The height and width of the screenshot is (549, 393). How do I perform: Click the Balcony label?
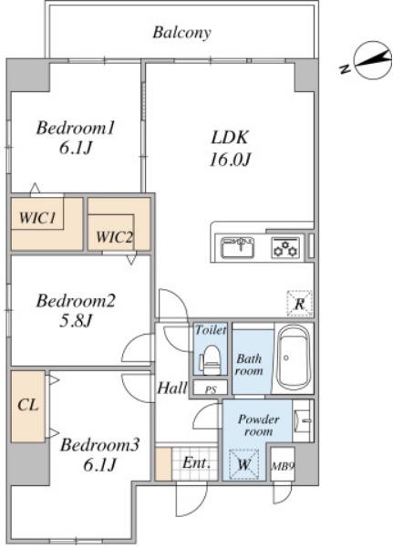(181, 33)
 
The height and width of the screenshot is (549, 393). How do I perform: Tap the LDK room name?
(230, 138)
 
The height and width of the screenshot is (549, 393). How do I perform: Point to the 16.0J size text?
(230, 160)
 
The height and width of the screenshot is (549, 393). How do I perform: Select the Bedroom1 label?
(76, 129)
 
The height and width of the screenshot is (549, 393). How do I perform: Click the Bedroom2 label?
(76, 301)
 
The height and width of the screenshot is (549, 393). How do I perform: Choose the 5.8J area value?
(76, 321)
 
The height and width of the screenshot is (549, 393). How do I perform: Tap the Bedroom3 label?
(99, 445)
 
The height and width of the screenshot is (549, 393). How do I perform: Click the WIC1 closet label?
(37, 218)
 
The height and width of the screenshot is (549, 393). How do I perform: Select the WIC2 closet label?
(114, 237)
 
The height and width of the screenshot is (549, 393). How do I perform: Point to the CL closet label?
(27, 406)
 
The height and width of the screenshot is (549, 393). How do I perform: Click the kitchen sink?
(238, 247)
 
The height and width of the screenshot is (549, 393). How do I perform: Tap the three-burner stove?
(285, 247)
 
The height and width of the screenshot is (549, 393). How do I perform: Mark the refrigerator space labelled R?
(300, 304)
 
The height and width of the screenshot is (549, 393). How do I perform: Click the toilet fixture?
(211, 360)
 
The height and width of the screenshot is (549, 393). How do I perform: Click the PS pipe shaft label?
(211, 389)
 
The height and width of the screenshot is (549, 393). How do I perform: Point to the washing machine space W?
(244, 464)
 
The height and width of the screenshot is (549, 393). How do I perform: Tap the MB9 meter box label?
(283, 466)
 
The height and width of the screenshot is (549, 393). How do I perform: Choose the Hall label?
(171, 388)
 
